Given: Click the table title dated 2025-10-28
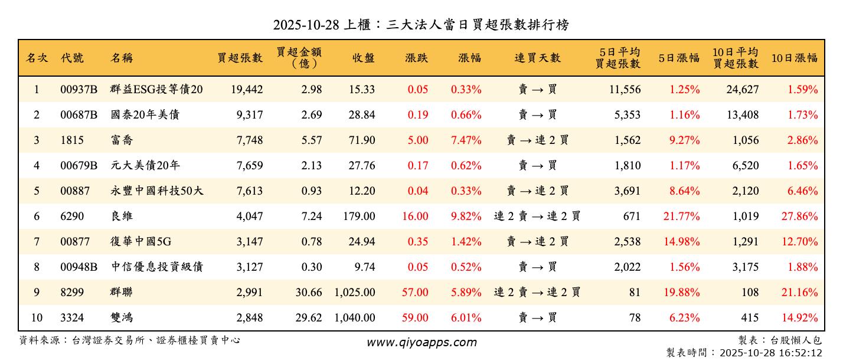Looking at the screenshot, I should click(x=421, y=25).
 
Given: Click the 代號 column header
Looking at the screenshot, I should click(x=72, y=58).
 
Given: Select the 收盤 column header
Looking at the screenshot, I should click(x=363, y=58).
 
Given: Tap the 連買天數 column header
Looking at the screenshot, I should click(x=537, y=58).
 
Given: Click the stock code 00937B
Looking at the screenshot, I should click(x=79, y=90).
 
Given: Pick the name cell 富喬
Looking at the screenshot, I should click(x=122, y=140).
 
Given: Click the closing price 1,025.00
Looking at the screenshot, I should click(x=354, y=293).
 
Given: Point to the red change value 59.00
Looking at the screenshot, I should click(x=415, y=318).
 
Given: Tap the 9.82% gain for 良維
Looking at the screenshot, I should click(x=466, y=216).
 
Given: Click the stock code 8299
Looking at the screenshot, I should click(x=72, y=293).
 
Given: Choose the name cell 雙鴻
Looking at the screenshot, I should click(x=122, y=318).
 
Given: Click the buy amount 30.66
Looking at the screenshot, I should click(x=309, y=293).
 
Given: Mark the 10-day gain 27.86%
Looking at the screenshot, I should click(x=800, y=216).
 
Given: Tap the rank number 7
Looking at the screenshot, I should click(x=37, y=242).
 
